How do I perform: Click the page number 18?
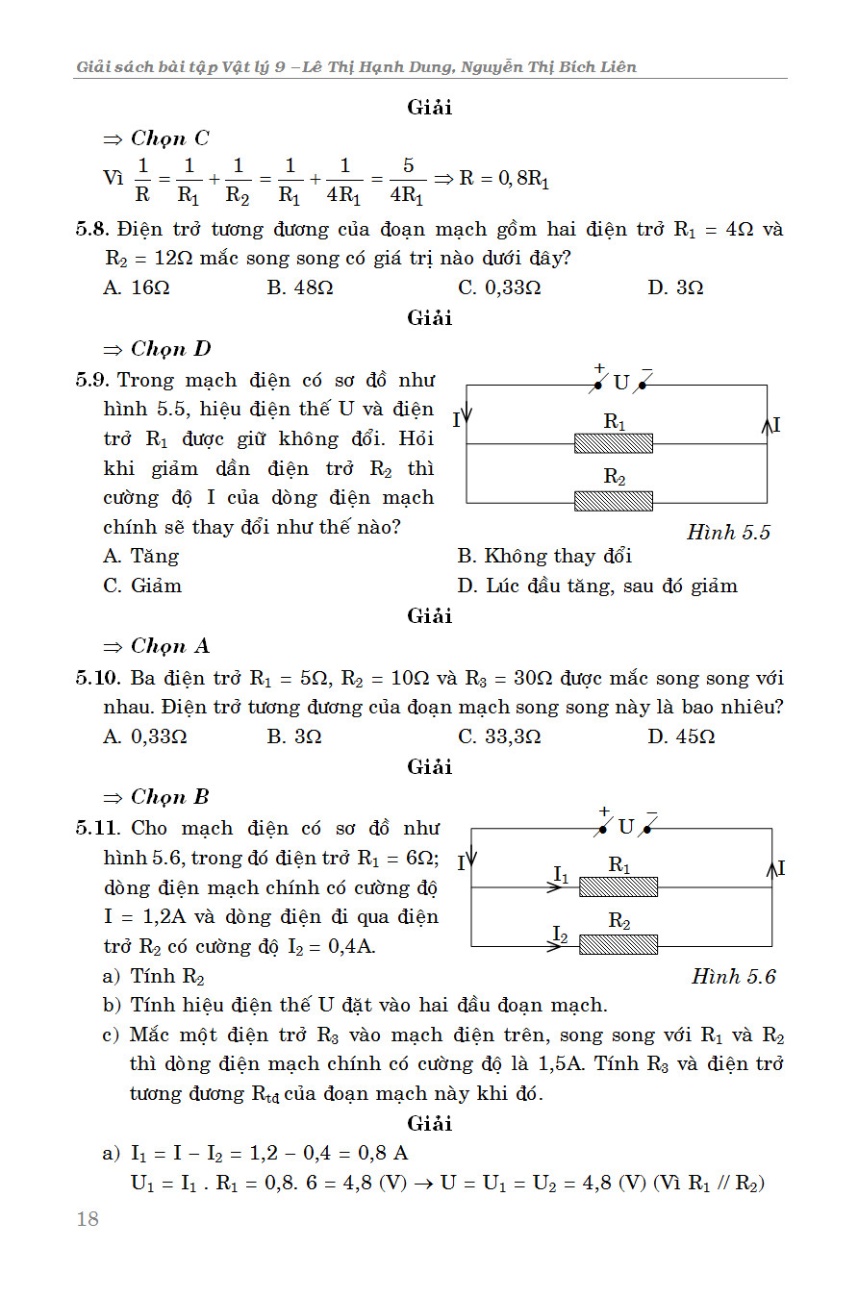(x=88, y=1219)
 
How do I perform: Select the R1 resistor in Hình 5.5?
(x=614, y=443)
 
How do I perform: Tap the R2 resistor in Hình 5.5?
(x=614, y=501)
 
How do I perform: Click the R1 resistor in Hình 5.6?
(x=618, y=886)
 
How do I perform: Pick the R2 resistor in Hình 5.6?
(x=618, y=944)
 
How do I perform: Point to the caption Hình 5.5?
(x=728, y=532)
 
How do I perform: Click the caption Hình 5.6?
(x=733, y=977)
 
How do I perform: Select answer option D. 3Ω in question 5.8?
(x=675, y=287)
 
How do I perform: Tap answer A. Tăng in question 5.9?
(x=141, y=556)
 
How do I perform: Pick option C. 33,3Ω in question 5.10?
(x=499, y=736)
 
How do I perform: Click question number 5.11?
(x=99, y=828)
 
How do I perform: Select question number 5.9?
(x=94, y=381)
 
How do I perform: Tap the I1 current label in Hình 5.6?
(x=562, y=875)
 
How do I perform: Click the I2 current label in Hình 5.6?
(x=562, y=933)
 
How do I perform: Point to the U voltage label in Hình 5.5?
(x=621, y=383)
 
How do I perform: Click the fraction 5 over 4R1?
(x=408, y=180)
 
